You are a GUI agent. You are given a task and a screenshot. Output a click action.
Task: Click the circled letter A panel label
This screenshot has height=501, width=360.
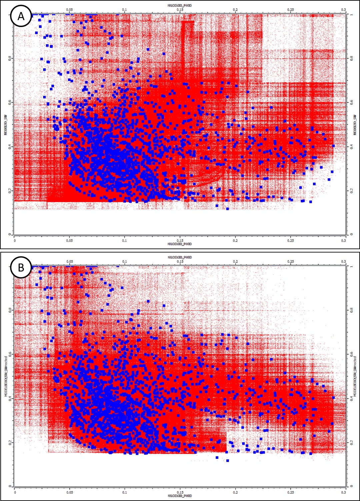(21, 16)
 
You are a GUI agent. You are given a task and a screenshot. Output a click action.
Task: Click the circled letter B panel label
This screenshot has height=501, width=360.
(21, 268)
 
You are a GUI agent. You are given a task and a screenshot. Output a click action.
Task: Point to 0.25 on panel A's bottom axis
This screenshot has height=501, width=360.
(291, 240)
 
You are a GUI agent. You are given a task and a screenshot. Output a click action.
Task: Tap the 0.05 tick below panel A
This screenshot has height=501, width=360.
(69, 240)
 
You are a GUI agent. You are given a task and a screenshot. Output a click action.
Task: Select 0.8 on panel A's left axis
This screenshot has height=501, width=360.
(9, 58)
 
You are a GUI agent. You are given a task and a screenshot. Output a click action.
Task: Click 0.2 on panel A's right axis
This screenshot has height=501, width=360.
(351, 190)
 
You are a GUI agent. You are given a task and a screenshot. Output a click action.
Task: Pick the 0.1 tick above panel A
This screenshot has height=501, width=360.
(124, 10)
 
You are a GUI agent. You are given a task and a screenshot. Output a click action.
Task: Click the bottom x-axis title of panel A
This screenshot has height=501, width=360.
(180, 244)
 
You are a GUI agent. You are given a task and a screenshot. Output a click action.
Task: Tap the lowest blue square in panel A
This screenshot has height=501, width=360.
(227, 209)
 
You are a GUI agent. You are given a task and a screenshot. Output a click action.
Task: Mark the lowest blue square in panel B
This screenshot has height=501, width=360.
(227, 461)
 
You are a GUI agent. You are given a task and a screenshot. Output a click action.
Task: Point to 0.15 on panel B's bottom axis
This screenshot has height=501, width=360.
(180, 492)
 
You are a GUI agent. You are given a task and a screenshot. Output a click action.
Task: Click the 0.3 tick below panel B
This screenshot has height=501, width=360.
(343, 492)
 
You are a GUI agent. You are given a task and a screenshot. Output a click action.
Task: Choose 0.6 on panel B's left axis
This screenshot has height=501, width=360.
(9, 354)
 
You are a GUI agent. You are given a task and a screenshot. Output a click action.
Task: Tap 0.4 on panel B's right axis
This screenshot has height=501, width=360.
(351, 398)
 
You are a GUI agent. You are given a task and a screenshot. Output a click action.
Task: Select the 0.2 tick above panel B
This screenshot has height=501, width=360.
(235, 262)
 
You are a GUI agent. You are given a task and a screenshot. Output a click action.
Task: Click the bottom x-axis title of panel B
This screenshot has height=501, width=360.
(180, 496)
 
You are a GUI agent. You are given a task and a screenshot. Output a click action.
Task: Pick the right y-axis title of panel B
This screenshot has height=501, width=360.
(355, 376)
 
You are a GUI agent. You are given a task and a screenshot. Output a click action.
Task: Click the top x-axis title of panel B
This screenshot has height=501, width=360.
(180, 258)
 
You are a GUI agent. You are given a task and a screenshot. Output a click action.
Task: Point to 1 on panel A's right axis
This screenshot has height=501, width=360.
(351, 15)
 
